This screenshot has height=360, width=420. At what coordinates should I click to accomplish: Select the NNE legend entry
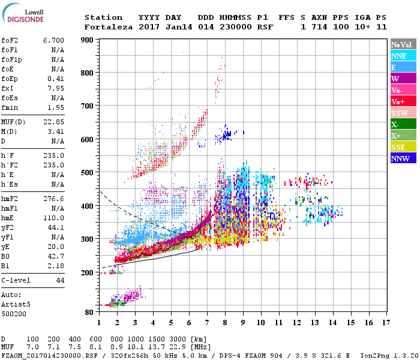point(399,56)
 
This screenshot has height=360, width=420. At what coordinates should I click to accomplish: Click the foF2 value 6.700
point(53,40)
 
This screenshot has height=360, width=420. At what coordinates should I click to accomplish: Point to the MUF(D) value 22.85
point(53,122)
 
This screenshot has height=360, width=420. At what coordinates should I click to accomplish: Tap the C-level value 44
point(60,280)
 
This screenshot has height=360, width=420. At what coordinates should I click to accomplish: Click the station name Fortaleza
point(103,27)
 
